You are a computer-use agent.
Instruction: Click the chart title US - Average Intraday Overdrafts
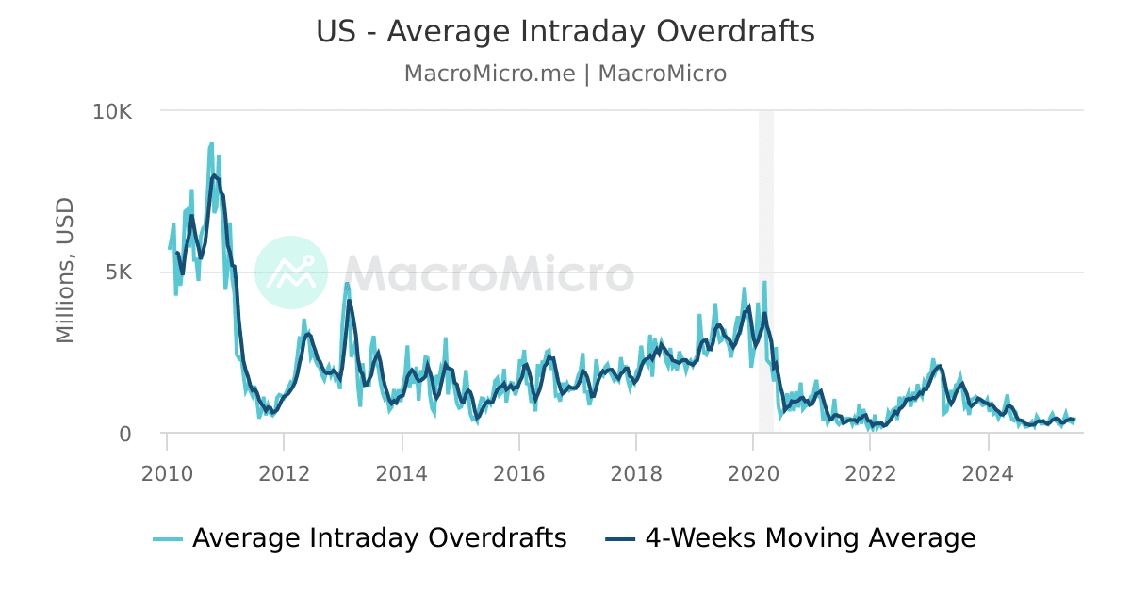point(565,31)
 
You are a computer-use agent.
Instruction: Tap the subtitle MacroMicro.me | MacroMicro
point(565,74)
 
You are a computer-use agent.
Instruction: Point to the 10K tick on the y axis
point(112,111)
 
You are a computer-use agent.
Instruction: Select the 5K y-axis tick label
point(119,272)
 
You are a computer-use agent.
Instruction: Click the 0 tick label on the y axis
point(125,434)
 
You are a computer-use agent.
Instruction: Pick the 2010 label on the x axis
point(167,472)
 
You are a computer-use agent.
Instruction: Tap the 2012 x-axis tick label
point(284,472)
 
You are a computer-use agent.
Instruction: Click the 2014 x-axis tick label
point(402,472)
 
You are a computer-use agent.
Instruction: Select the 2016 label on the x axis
point(518,472)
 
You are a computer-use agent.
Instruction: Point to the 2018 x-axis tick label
point(636,472)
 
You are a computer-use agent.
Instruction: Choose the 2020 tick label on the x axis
point(753,472)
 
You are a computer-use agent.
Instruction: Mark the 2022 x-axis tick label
point(870,472)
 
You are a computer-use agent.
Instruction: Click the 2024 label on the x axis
point(988,472)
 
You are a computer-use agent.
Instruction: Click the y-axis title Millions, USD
point(64,271)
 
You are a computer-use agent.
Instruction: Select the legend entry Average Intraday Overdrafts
point(379,538)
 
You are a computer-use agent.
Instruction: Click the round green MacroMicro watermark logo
point(291,272)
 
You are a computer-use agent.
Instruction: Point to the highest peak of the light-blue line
point(211,144)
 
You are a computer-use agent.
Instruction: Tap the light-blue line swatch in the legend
point(168,539)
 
